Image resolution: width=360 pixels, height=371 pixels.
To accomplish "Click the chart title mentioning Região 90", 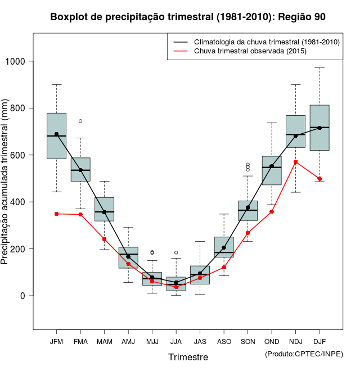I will pyautogui.click(x=188, y=17).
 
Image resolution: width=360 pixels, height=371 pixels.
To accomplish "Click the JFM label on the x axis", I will pyautogui.click(x=56, y=342).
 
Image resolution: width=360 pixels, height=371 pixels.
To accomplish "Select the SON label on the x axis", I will pyautogui.click(x=247, y=342).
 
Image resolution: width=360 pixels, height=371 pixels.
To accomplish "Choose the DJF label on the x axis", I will pyautogui.click(x=319, y=342).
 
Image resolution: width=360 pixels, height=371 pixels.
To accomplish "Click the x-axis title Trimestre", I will pyautogui.click(x=188, y=357).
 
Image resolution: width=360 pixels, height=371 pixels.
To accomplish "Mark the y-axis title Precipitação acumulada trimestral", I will pyautogui.click(x=6, y=183).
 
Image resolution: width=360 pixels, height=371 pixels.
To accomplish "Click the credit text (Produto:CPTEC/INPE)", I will pyautogui.click(x=304, y=354).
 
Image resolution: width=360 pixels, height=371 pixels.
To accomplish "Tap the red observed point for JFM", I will pyautogui.click(x=56, y=214).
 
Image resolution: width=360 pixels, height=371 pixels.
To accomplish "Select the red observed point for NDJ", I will pyautogui.click(x=296, y=162).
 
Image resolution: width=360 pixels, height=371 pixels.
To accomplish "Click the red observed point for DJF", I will pyautogui.click(x=319, y=179).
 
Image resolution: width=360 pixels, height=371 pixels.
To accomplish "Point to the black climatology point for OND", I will pyautogui.click(x=272, y=166).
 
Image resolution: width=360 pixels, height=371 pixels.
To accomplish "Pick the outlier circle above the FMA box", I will pyautogui.click(x=80, y=121).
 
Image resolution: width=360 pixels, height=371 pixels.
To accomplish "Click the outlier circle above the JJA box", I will pyautogui.click(x=176, y=252).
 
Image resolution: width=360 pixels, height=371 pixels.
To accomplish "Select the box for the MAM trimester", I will pyautogui.click(x=104, y=209).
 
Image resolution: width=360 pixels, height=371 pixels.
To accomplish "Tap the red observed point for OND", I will pyautogui.click(x=272, y=211).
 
